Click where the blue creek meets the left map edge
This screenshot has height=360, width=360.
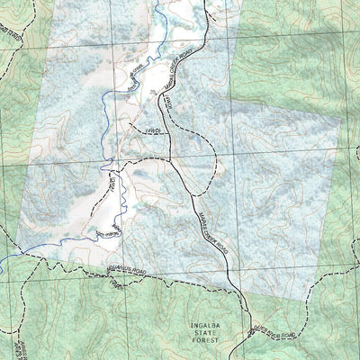2,262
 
